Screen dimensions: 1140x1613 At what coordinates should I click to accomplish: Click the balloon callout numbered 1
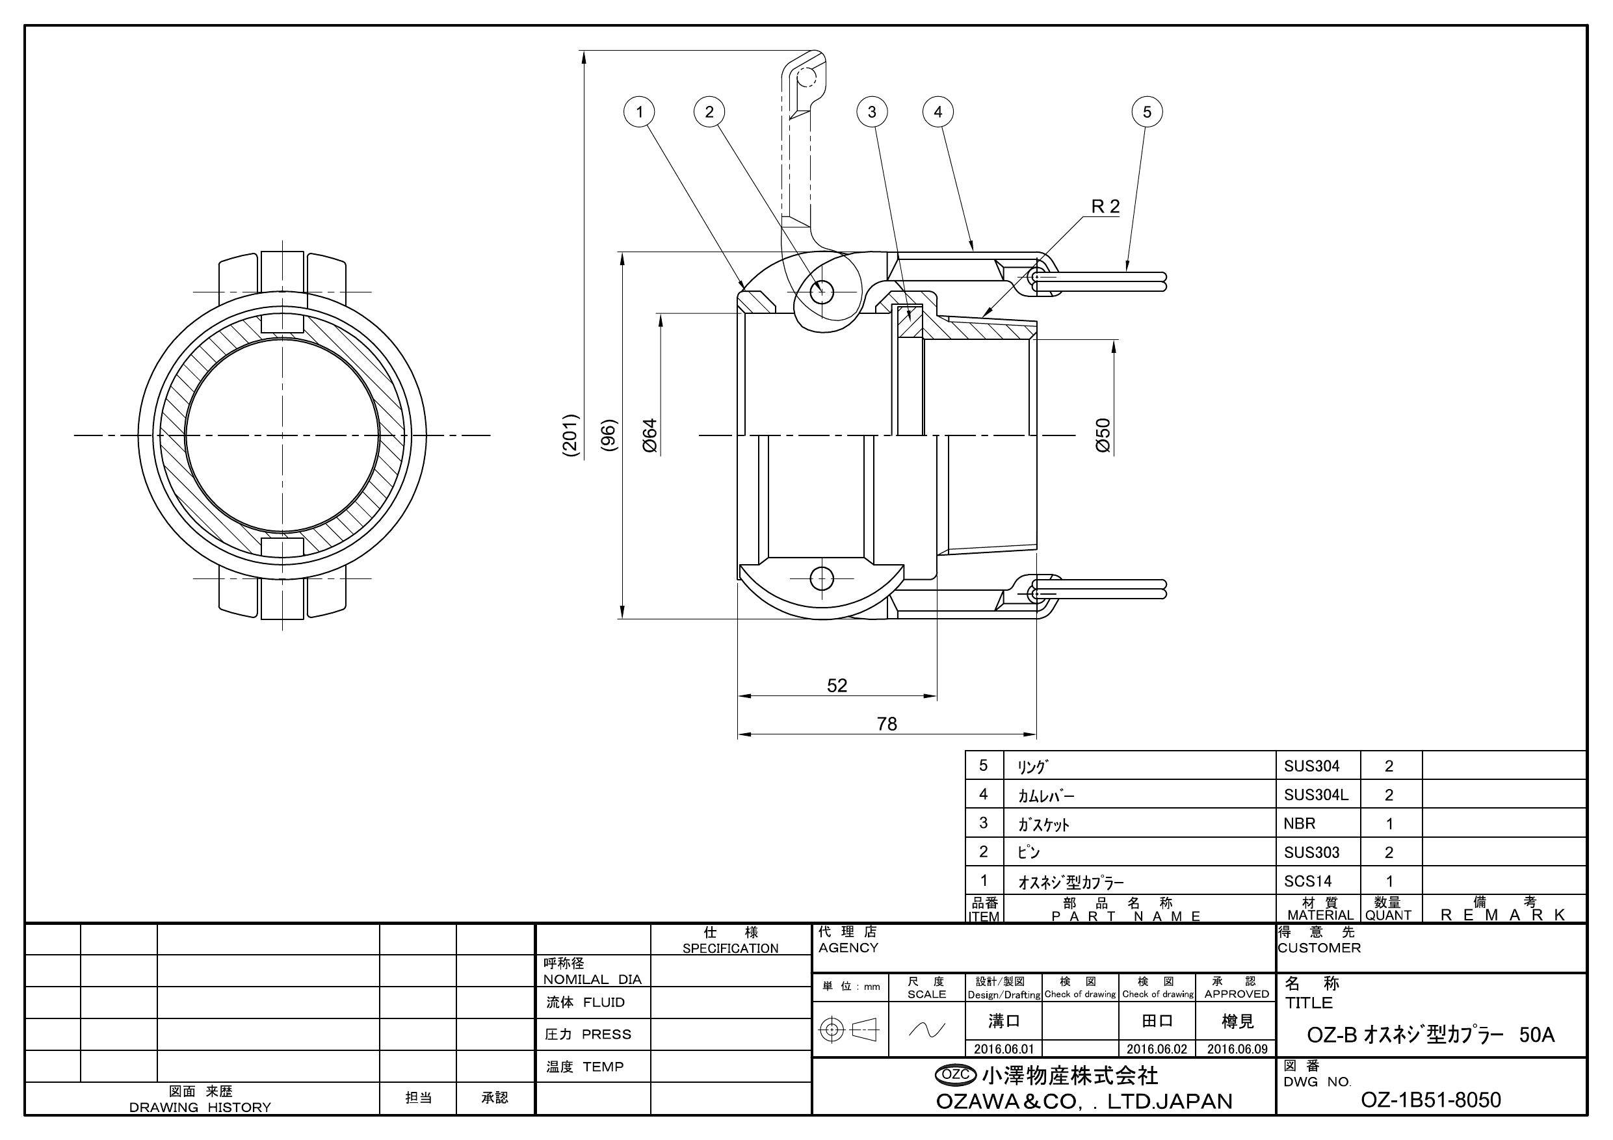(x=638, y=112)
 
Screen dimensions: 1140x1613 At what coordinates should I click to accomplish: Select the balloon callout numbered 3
(x=872, y=112)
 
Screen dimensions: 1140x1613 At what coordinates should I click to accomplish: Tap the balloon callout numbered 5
(x=1146, y=112)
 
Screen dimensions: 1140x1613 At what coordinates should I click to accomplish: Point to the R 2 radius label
(x=1105, y=207)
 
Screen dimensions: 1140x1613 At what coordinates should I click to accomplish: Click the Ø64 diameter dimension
(x=651, y=435)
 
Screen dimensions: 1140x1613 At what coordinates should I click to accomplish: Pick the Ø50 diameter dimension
(x=1104, y=435)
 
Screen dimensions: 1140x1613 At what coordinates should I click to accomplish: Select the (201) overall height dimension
(x=571, y=435)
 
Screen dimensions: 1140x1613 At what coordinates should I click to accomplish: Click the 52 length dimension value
(x=837, y=686)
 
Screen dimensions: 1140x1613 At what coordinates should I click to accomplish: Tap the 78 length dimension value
(x=887, y=724)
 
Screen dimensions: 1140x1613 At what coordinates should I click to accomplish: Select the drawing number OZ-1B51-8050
(x=1430, y=1099)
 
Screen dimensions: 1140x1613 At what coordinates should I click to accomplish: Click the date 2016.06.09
(x=1237, y=1049)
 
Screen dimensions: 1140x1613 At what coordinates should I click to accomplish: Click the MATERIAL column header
(x=1320, y=915)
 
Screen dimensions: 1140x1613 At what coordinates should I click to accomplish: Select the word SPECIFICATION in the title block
(x=730, y=948)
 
